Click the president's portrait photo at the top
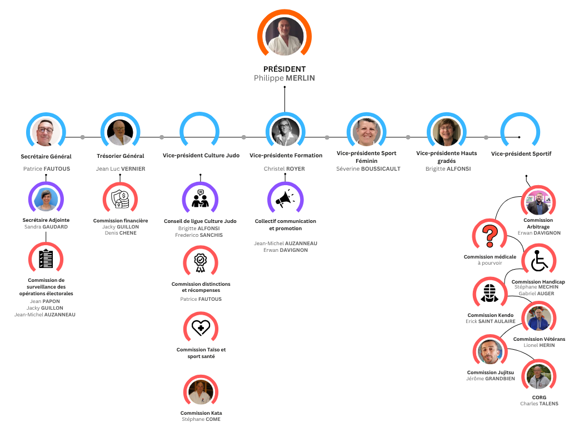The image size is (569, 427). [284, 37]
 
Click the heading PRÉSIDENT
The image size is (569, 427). [284, 69]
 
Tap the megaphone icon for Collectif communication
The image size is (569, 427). [285, 198]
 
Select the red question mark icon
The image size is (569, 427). [490, 236]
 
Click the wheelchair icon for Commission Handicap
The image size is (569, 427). [539, 261]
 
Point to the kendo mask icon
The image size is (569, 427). [490, 293]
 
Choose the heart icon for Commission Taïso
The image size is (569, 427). [201, 327]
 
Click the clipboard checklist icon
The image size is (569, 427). [46, 259]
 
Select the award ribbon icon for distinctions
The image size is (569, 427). [200, 262]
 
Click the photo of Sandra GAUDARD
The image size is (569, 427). [46, 200]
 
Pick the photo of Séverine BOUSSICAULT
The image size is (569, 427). [367, 132]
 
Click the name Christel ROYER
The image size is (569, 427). [284, 169]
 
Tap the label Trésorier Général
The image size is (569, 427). [121, 156]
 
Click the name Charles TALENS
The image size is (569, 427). [539, 404]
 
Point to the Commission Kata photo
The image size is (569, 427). [201, 392]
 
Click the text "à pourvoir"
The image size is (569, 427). [490, 263]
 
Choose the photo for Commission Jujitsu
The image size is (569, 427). [490, 352]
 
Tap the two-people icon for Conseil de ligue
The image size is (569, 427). [200, 198]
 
